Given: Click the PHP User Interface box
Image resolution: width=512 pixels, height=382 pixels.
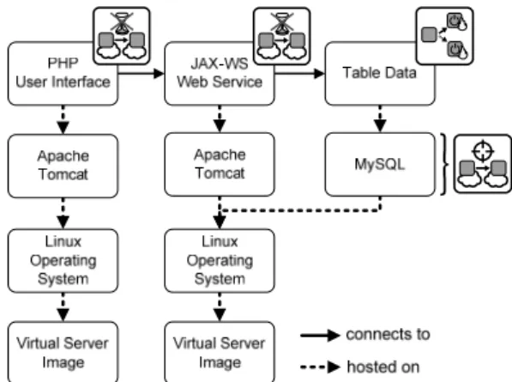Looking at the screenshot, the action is point(63,74).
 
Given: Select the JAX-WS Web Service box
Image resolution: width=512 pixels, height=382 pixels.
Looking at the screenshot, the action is point(220,74).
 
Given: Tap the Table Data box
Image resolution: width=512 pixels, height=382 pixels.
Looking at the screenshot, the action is point(380,74).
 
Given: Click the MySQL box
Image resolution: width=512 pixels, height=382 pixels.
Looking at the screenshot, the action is point(380,164).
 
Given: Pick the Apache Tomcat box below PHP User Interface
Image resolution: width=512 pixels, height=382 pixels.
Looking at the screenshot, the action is point(63,166).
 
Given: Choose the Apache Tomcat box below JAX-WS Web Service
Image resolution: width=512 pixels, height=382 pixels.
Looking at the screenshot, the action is point(220,164).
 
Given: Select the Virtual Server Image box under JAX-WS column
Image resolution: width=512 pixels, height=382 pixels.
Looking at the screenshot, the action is point(220,352).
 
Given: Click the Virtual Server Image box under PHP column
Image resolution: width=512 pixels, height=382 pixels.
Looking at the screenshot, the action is point(63,352).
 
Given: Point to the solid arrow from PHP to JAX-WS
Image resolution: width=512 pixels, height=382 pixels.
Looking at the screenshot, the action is point(141,74).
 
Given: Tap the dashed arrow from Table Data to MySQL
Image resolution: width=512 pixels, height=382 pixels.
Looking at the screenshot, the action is point(380,119).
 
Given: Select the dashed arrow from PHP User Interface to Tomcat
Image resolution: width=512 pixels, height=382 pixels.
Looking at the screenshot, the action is point(63,119).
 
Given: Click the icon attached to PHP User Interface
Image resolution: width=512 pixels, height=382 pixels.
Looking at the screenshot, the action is point(122,36).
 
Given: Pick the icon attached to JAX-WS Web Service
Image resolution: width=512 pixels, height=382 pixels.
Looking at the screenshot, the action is point(282,36).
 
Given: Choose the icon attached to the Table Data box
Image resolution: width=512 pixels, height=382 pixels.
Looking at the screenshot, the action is point(444,36).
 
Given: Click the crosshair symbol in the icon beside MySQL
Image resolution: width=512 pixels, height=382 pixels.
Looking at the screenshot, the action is point(483,150).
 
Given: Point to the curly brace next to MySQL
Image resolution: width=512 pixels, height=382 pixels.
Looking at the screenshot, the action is point(443,164).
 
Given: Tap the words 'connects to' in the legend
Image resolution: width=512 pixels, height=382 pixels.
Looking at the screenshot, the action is point(388,335).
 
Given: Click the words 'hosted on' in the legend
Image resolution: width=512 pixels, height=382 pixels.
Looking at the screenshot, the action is point(383,367).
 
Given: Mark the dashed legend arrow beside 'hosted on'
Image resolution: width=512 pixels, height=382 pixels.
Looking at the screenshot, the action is point(320,367).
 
